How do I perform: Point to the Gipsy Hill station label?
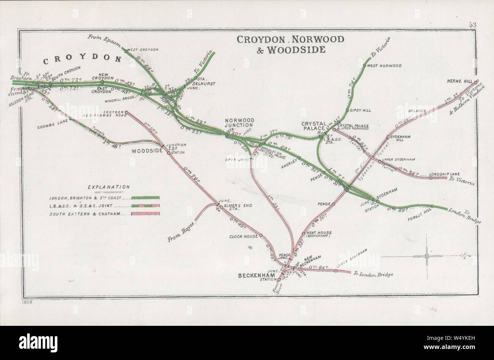coord(361,111)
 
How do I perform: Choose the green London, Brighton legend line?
coord(145,198)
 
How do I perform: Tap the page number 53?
coord(473,25)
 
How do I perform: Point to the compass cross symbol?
coord(427,257)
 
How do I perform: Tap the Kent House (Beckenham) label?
coord(319,234)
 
